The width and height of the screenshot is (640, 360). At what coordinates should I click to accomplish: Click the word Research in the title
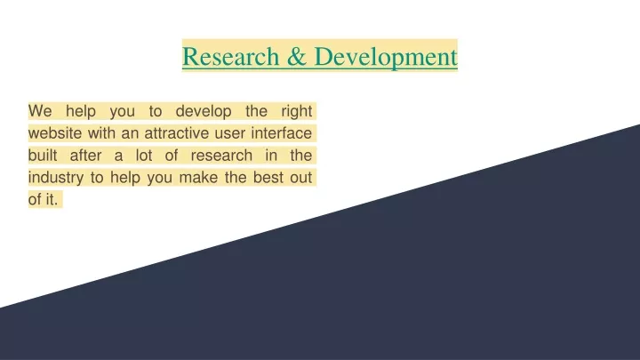pos(230,56)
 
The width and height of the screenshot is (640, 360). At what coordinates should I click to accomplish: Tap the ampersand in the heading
pos(297,56)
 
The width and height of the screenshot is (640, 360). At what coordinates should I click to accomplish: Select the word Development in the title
pos(386,57)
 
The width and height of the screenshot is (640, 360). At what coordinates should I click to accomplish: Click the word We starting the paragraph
pos(40,110)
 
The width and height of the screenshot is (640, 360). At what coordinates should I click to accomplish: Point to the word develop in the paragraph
pos(204,111)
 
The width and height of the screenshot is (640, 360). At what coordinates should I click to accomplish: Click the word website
pos(55,133)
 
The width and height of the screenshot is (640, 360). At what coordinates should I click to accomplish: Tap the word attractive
pos(176,133)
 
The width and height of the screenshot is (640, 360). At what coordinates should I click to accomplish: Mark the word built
pos(43,155)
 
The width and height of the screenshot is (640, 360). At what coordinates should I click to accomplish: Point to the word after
pos(85,155)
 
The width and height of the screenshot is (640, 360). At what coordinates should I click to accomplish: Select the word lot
pos(144,155)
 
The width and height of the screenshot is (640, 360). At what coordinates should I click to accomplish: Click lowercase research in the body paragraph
pos(221,155)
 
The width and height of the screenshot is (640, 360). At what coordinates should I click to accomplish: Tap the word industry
pos(56,178)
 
